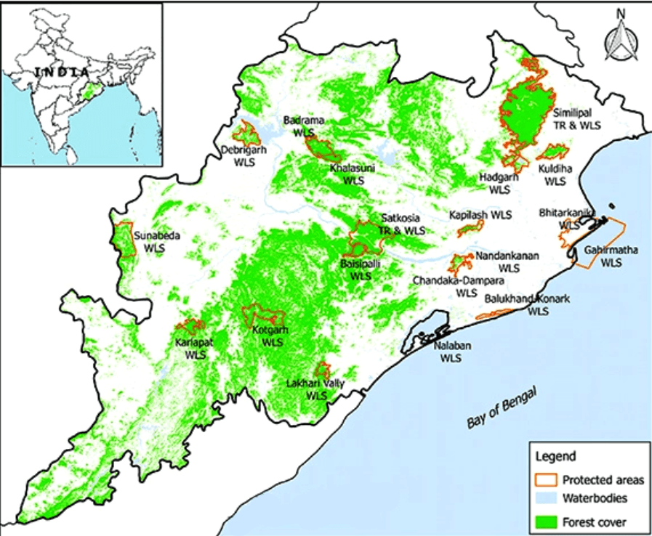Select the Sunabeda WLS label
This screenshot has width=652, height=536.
pos(156,241)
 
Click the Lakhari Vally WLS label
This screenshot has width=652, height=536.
pos(315,389)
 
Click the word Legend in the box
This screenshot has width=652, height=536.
pos(556,457)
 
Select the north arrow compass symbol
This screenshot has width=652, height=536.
pos(619,40)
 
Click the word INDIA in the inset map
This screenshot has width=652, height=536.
pos(62,73)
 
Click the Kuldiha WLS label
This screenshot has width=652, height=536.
pos(556,174)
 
